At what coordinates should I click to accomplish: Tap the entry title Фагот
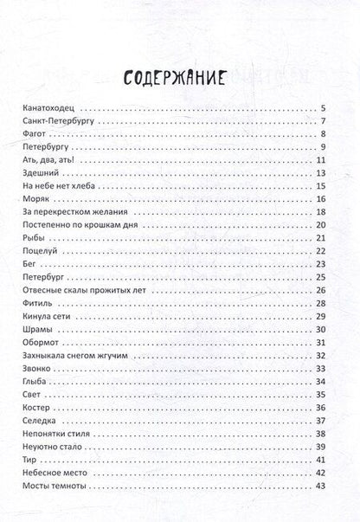click(29, 134)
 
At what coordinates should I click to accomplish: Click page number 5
click(322, 108)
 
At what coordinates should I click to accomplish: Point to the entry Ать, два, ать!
click(42, 159)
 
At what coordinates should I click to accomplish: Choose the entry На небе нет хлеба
click(53, 185)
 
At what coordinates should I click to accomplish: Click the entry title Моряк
click(31, 198)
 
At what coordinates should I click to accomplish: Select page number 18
click(320, 211)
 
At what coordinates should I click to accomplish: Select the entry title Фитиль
click(32, 302)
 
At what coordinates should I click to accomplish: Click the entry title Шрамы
click(32, 328)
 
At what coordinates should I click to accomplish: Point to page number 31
click(320, 341)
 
